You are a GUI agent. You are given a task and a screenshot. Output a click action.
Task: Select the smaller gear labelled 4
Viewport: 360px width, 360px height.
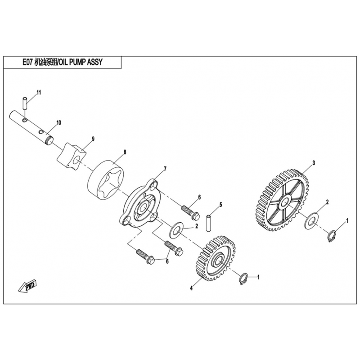216,258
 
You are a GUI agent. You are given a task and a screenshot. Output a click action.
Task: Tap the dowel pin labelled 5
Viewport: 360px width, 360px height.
208,223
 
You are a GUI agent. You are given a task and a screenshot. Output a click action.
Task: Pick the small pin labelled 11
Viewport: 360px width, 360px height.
25,104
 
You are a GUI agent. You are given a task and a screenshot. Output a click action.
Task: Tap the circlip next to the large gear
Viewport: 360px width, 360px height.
332,236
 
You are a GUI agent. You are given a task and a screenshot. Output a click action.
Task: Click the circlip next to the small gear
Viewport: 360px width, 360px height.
243,279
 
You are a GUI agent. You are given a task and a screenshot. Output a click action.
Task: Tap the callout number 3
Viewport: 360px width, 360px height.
314,163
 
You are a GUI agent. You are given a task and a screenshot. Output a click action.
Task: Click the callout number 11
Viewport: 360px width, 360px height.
39,92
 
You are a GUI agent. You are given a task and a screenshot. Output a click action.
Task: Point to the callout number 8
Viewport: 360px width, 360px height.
125,152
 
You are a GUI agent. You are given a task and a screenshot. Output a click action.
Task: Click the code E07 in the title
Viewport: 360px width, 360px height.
27,62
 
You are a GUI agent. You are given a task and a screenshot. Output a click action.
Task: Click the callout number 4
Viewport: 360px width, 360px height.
192,288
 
